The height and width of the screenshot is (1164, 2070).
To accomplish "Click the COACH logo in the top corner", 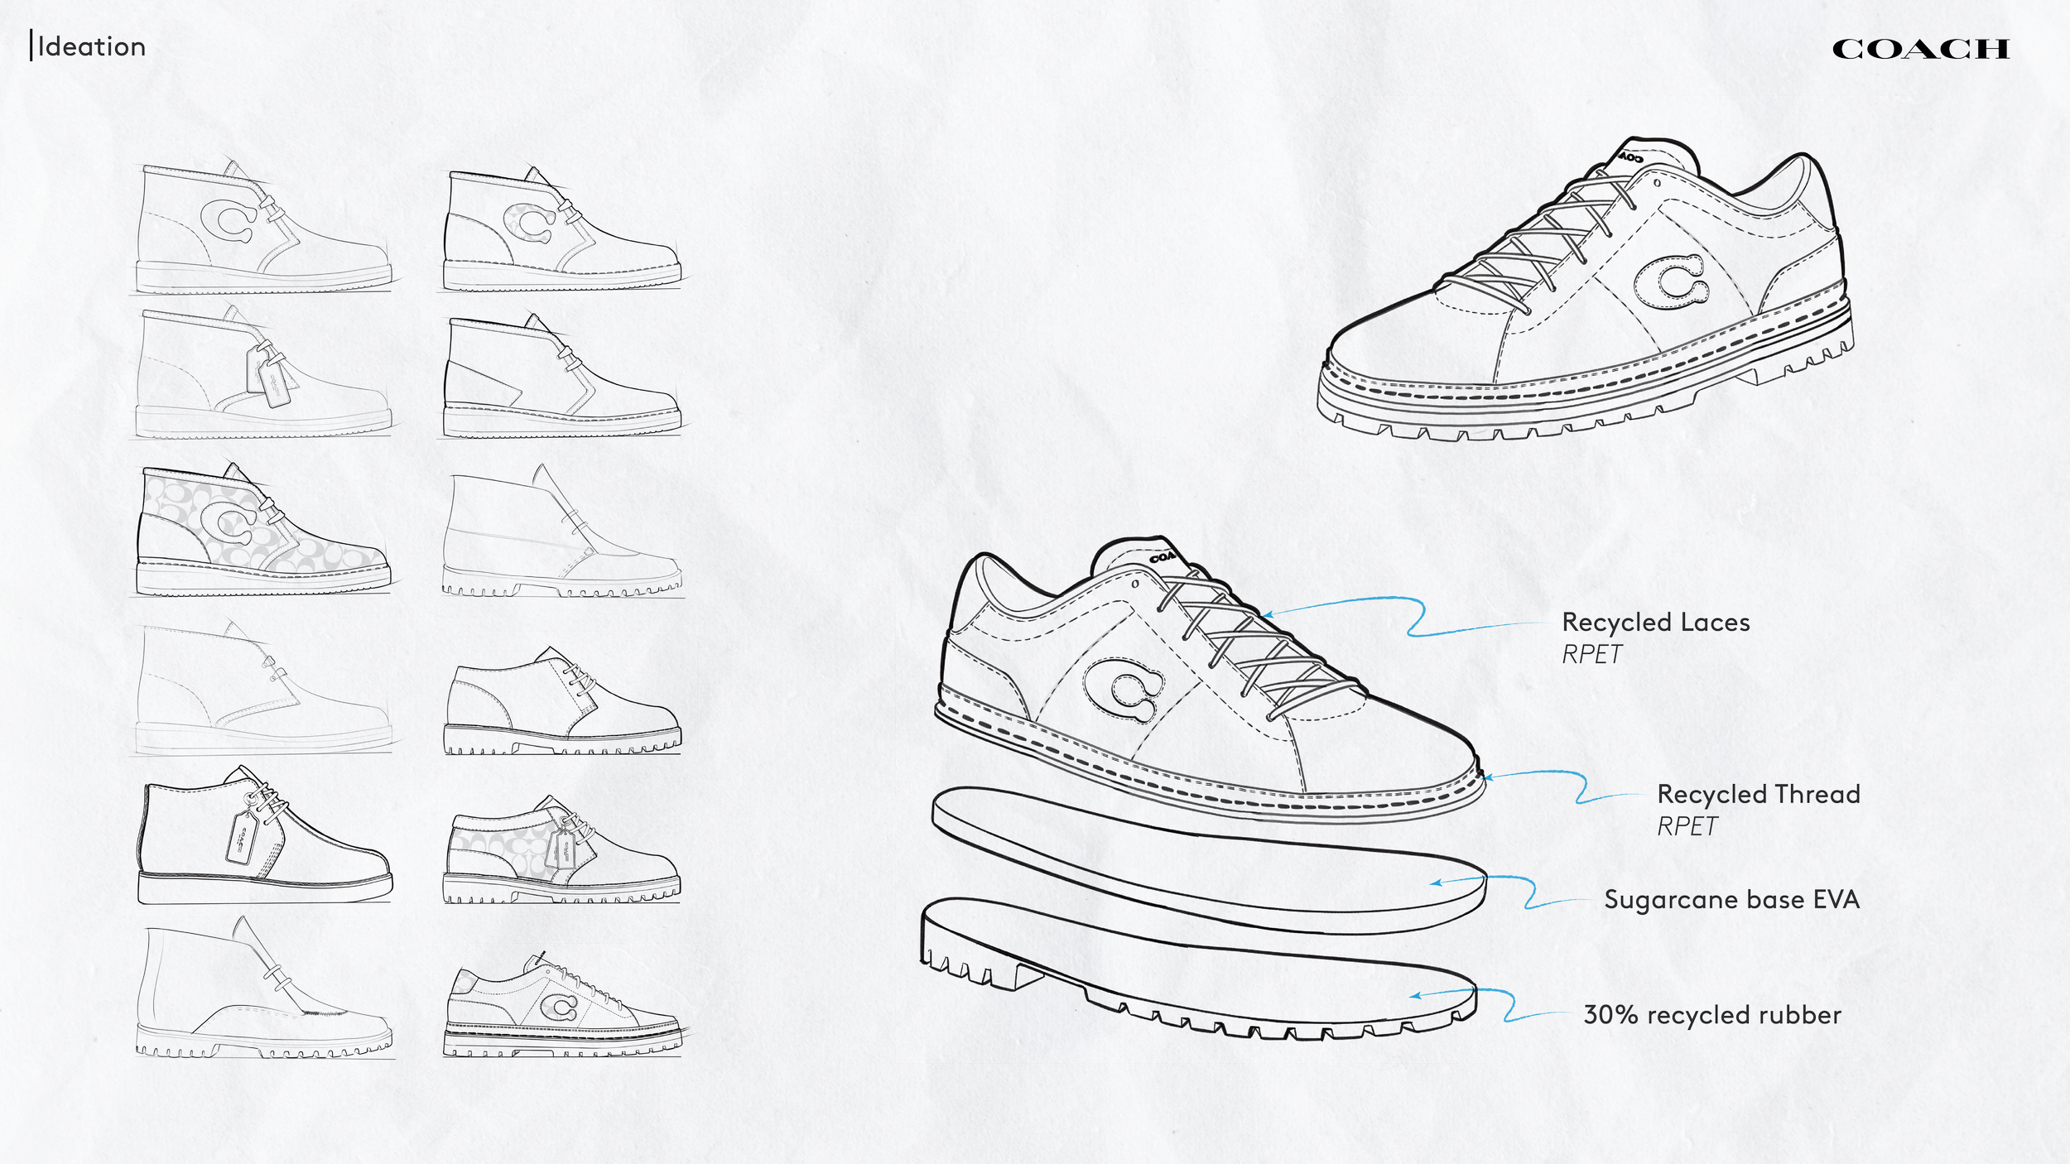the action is tap(1920, 49).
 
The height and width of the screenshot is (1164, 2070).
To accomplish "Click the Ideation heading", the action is tap(91, 46).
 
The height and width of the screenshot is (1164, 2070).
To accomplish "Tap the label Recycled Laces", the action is tap(1655, 622).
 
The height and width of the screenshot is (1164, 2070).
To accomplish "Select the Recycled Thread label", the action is tap(1759, 794).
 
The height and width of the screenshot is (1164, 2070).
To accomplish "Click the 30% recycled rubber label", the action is tap(1712, 1014).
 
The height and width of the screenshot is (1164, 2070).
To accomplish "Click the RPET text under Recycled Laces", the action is tap(1591, 654).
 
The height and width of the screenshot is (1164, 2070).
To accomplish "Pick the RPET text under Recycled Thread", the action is tap(1687, 826).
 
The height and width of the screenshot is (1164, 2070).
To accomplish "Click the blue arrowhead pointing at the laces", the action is tap(1266, 614).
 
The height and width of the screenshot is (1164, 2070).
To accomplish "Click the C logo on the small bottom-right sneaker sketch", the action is tap(562, 1008).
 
